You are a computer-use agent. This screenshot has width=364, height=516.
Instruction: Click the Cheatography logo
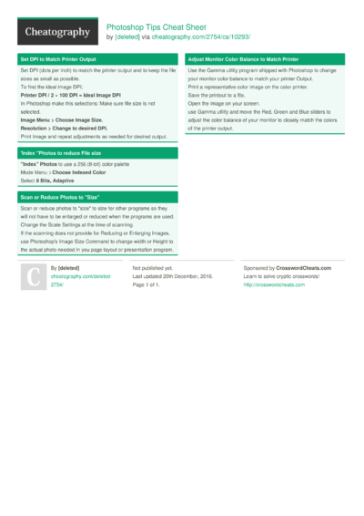point(56,32)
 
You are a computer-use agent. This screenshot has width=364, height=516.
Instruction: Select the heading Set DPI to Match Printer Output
point(58,58)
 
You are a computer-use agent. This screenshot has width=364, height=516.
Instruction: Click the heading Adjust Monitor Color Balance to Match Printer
point(243,58)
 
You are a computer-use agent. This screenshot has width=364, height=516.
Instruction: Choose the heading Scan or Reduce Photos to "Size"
point(59,197)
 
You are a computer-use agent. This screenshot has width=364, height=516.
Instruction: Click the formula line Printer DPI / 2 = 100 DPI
point(71,95)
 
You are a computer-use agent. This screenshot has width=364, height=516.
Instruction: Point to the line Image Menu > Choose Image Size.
point(62,119)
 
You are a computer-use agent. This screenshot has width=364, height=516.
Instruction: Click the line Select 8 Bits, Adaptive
point(47,181)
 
